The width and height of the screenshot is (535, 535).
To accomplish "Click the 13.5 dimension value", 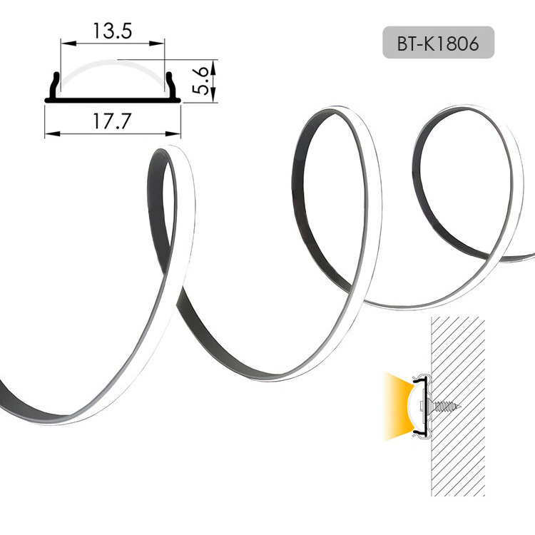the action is (112, 31).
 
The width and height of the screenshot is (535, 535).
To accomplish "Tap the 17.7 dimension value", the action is (112, 121).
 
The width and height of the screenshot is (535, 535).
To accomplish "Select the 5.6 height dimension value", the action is (200, 81).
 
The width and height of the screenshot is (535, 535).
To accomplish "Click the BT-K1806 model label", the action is (438, 44).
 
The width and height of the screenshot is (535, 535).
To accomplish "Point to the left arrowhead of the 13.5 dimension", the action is (68, 44).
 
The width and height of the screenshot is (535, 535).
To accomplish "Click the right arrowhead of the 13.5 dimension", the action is (158, 44).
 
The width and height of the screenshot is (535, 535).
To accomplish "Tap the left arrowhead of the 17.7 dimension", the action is (53, 134).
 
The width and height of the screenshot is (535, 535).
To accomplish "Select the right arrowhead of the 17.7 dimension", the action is (173, 134).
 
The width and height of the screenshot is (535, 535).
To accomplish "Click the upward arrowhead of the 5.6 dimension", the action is (213, 68).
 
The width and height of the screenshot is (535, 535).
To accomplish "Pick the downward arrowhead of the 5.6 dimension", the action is (213, 94).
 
